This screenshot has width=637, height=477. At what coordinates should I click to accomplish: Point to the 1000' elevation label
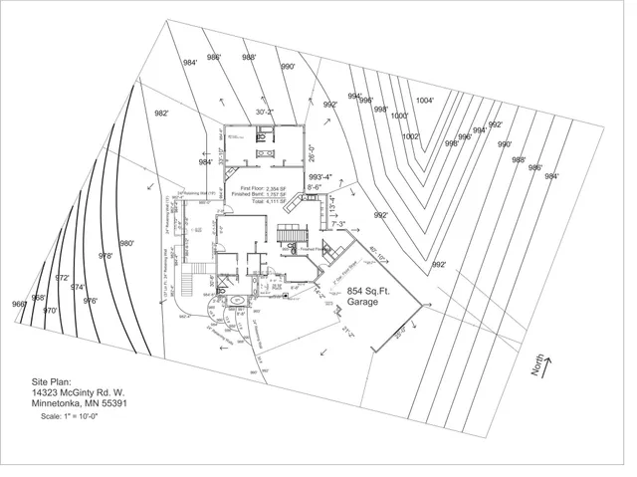[399, 117]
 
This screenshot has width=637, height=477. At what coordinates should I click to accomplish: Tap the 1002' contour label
[411, 137]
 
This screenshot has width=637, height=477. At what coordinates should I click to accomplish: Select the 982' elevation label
[161, 114]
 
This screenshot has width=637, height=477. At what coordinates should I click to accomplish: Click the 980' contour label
[126, 243]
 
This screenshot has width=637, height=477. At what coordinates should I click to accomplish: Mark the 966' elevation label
[19, 304]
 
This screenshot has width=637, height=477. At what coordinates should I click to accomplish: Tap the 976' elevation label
[90, 300]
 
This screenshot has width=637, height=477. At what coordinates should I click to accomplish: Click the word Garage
[362, 302]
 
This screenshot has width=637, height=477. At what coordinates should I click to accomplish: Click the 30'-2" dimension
[266, 113]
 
